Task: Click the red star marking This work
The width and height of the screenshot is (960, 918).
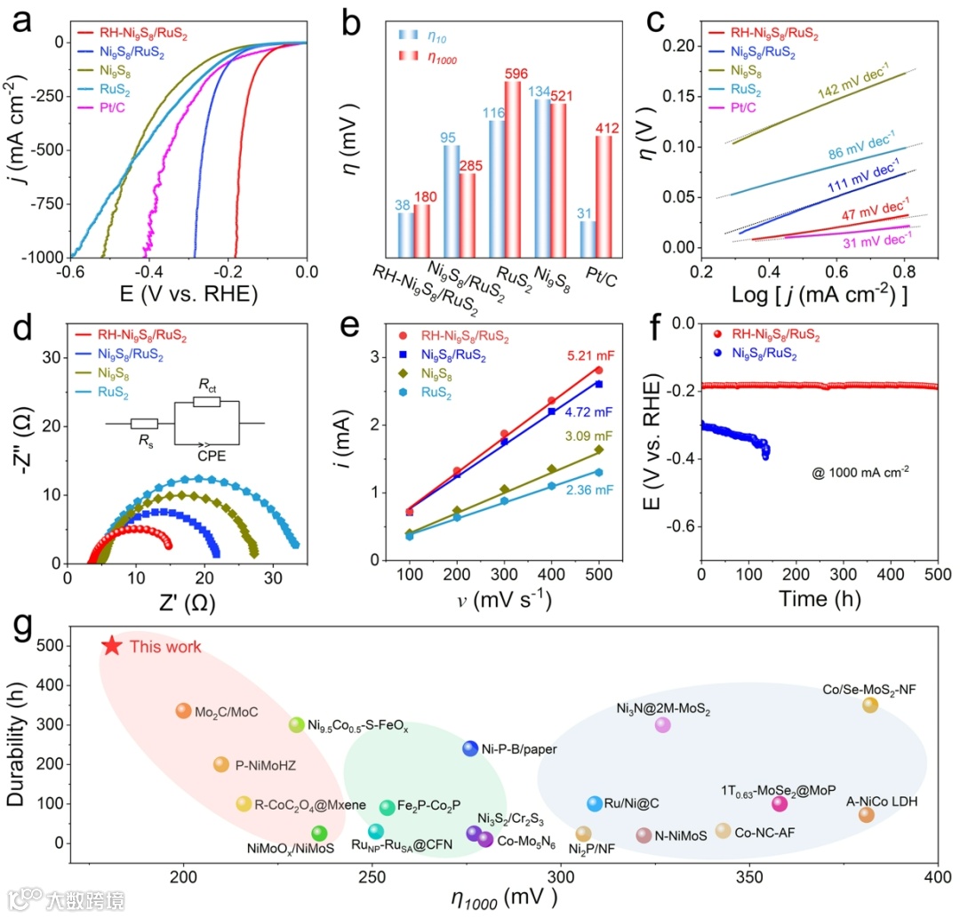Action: [x=111, y=646]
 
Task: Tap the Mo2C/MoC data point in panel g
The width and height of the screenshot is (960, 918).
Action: [x=184, y=711]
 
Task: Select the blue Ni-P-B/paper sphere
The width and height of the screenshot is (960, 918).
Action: [x=471, y=748]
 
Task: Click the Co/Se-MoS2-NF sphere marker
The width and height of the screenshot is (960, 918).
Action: [x=870, y=705]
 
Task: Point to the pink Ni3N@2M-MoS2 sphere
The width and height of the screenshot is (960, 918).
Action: [x=662, y=725]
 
